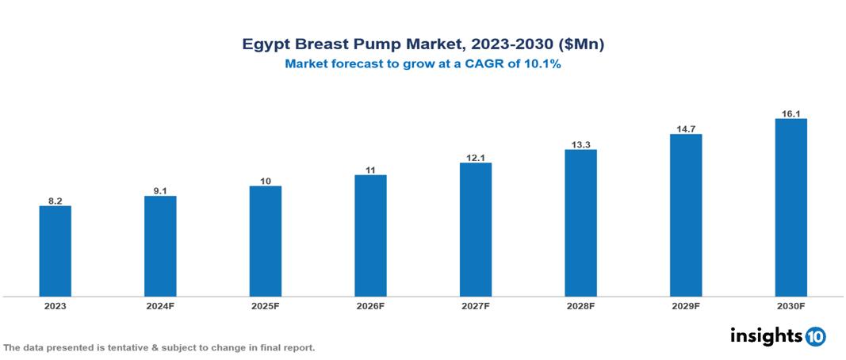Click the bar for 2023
point(55,251)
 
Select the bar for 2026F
point(370,236)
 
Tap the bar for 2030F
point(790,207)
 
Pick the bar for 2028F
point(580,223)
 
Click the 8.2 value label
point(55,201)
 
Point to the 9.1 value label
point(160,190)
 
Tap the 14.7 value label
point(685,128)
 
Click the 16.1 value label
point(790,113)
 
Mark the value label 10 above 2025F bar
point(266,181)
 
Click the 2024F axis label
point(160,305)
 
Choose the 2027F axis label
point(475,305)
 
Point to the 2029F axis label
point(685,305)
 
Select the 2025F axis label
point(266,305)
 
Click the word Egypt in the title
point(267,45)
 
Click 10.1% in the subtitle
point(542,65)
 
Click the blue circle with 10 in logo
point(816,337)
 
